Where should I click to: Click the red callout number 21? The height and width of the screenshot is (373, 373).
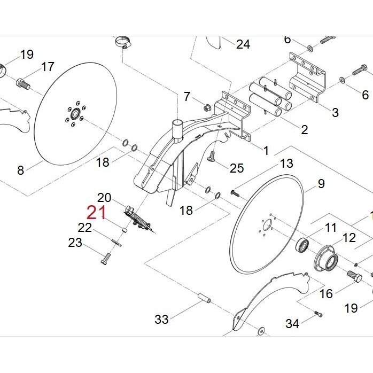[96, 213]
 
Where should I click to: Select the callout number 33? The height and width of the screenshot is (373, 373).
[162, 319]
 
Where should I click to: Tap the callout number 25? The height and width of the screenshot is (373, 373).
[237, 168]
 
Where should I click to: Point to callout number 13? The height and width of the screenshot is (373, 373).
[286, 164]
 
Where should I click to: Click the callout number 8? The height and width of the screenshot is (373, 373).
[21, 170]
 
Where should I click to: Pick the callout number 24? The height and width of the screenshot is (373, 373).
[243, 44]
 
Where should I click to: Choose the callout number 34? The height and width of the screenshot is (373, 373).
[292, 323]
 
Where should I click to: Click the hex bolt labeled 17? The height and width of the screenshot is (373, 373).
[23, 84]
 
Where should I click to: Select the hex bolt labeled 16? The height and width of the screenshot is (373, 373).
[354, 276]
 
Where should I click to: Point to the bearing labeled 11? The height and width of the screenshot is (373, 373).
[302, 244]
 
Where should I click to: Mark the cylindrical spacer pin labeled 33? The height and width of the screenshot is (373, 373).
[204, 298]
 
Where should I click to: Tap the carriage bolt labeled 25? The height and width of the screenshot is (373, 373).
[212, 156]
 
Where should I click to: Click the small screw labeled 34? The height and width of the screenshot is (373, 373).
[318, 314]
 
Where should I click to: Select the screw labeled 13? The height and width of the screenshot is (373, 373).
[235, 193]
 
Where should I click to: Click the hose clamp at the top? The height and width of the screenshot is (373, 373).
[123, 42]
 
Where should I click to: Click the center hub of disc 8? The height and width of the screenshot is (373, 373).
[75, 113]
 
